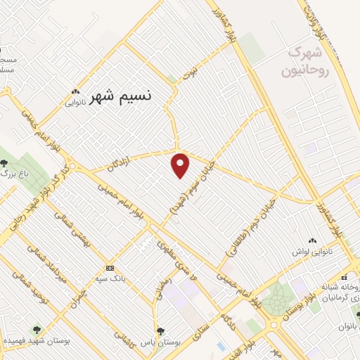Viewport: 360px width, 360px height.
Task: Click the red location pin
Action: coord(181,165)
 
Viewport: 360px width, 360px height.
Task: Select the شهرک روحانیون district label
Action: coord(304,62)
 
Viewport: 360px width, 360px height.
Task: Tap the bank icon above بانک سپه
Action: coord(110,269)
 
